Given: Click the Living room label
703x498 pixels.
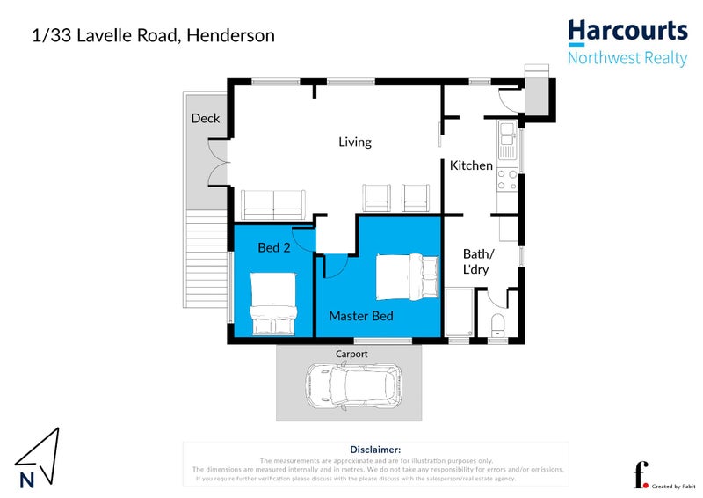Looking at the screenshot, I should [355, 142].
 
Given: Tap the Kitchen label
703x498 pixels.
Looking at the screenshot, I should [471, 165].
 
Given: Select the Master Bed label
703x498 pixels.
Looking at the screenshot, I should [360, 315].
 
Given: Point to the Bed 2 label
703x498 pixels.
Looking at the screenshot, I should [273, 248].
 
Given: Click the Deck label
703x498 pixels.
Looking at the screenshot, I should [206, 119].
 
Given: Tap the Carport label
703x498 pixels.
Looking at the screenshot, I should [351, 354].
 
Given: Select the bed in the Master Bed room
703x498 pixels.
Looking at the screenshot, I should [407, 276].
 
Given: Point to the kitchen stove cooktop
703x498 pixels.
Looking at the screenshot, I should [507, 179].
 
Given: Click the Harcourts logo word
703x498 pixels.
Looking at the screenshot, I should [627, 32].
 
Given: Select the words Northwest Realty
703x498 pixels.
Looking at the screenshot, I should [627, 58].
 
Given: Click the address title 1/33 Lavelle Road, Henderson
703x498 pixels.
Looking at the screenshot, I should [153, 36].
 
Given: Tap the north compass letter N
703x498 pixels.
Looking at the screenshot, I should [27, 480].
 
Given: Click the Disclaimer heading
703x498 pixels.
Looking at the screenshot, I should [375, 449].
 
